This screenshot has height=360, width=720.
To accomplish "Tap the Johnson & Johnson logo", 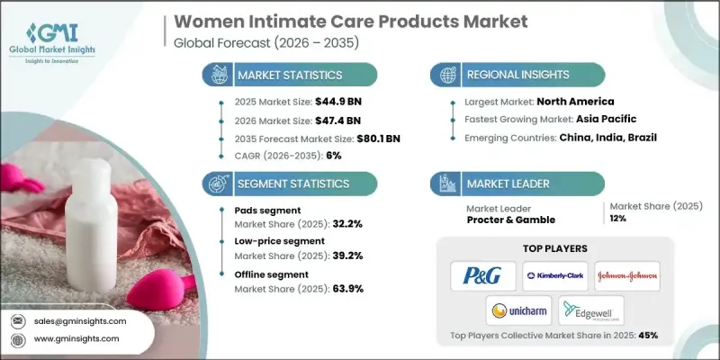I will [x=627, y=274].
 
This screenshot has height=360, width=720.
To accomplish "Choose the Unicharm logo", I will [x=519, y=310].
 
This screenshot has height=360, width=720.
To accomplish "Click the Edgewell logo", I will [x=590, y=310].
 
